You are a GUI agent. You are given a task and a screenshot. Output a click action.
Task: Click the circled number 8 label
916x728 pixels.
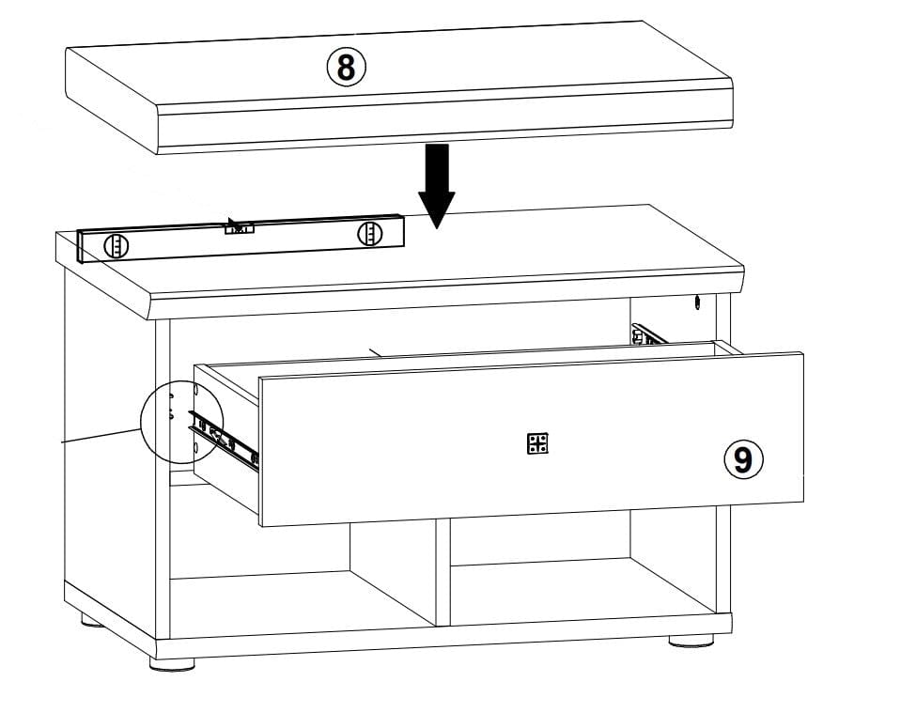click(346, 68)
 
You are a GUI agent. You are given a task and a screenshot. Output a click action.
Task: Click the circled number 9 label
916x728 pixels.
click(743, 460)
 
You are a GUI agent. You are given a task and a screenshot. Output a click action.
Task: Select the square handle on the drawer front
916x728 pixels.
click(537, 444)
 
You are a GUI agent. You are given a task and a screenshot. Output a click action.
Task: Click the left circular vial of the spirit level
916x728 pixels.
click(116, 246)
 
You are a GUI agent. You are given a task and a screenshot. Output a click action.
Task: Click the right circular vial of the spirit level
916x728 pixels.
click(371, 234)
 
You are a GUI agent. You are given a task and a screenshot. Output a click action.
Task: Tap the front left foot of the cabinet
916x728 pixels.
click(172, 663)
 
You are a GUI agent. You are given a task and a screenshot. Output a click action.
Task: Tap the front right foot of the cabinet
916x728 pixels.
click(691, 641)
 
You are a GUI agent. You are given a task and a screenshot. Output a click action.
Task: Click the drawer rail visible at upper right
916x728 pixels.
click(649, 334)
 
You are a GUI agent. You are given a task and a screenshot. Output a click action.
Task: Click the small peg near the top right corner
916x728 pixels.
click(697, 303)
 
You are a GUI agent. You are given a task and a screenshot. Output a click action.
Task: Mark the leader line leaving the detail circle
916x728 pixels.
click(101, 436)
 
